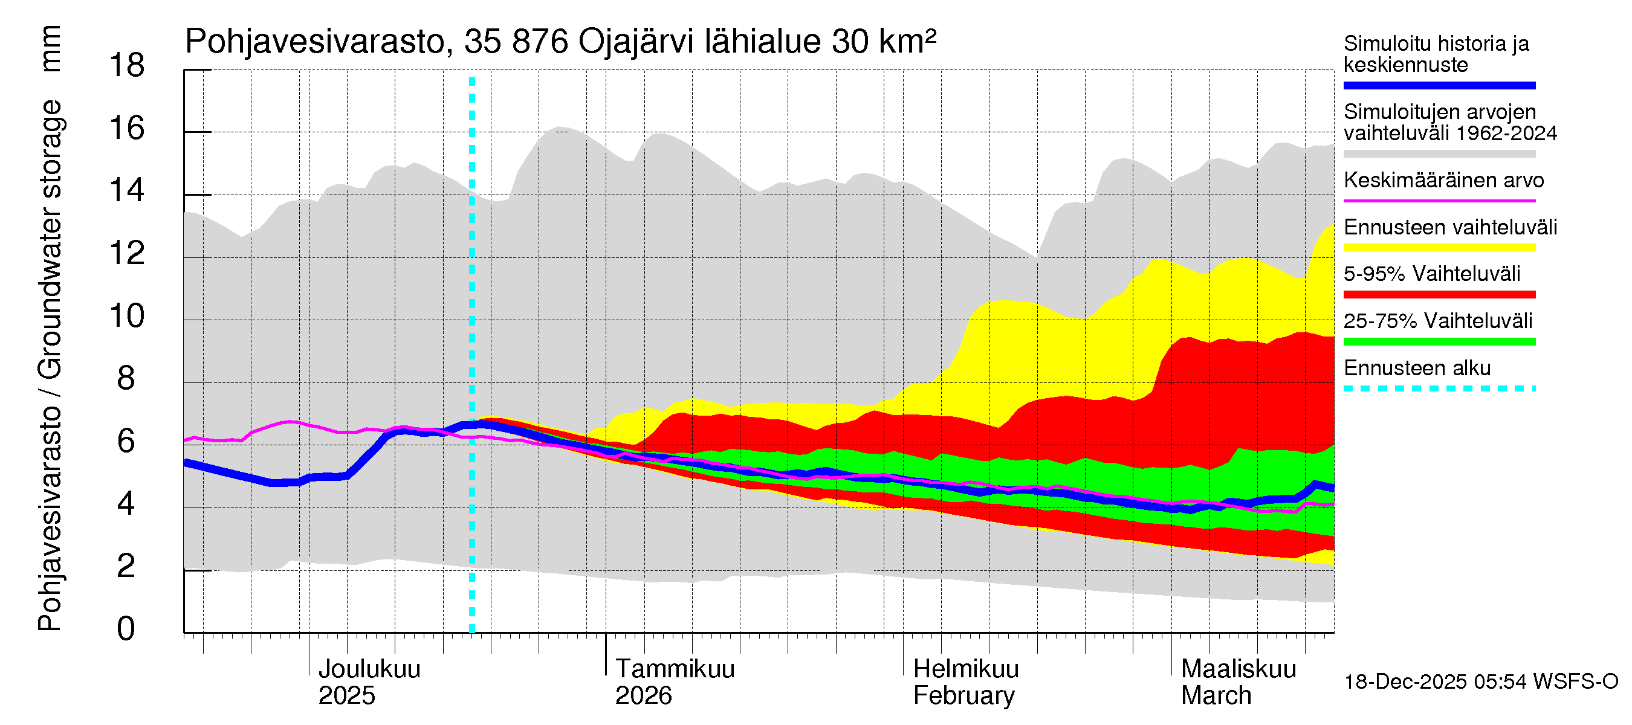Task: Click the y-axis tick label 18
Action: click(127, 66)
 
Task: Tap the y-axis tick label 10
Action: click(127, 316)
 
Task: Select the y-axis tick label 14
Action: click(127, 190)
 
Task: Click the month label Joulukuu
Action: click(369, 669)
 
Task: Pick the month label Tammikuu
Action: click(674, 669)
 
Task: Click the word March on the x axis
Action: click(1216, 696)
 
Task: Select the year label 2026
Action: click(643, 696)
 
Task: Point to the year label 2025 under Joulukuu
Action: click(346, 696)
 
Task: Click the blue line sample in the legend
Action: click(1439, 85)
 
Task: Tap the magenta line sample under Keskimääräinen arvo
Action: click(1439, 201)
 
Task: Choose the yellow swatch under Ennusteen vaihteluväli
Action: click(1439, 248)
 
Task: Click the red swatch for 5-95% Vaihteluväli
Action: click(1439, 294)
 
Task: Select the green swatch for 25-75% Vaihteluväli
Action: click(1439, 342)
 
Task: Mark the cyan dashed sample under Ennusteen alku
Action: click(1439, 388)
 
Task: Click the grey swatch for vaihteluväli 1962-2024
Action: click(1439, 154)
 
